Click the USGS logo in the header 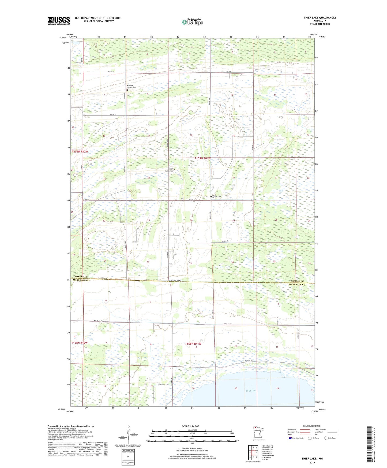point(59,21)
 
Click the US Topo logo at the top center point(192,22)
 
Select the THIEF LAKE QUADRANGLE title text point(320,18)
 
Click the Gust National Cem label point(172,170)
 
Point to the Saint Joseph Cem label point(217,196)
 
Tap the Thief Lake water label point(251,391)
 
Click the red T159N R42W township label point(80,152)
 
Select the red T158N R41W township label point(193,344)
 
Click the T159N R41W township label point(202,158)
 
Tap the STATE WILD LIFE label point(163,385)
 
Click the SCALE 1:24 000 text point(190,426)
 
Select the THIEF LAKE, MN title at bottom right point(312,459)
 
